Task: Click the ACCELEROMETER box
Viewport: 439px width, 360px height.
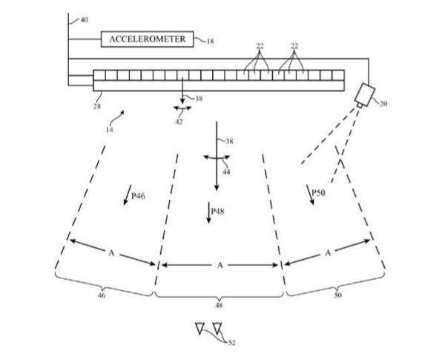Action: click(x=147, y=39)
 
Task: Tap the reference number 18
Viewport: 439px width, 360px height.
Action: click(x=211, y=42)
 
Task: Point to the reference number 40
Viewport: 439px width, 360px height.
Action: click(x=84, y=20)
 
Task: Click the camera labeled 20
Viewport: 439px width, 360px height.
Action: click(x=364, y=95)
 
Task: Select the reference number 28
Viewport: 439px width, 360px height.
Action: click(x=97, y=106)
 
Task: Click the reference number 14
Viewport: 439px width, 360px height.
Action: click(x=110, y=130)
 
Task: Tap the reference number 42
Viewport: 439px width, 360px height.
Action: click(x=179, y=122)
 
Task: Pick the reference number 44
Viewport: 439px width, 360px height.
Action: click(x=226, y=171)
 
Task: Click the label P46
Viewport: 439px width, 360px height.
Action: click(x=139, y=196)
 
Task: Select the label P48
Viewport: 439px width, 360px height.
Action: click(x=217, y=212)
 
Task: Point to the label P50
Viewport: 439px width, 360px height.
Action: click(x=319, y=193)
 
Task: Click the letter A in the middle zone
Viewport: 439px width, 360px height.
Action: click(x=220, y=265)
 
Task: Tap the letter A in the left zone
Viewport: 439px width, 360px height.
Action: click(x=111, y=253)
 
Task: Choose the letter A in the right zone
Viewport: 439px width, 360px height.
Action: click(x=328, y=253)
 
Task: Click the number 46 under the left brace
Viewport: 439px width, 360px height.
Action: click(x=102, y=295)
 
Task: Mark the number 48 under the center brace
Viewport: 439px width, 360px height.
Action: click(x=219, y=305)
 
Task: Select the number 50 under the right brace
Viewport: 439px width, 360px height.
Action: click(x=338, y=295)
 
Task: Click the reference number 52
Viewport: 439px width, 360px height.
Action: click(x=231, y=342)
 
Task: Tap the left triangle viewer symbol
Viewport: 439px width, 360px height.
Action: click(x=199, y=328)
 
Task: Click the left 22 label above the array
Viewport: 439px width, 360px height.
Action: click(x=260, y=46)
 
